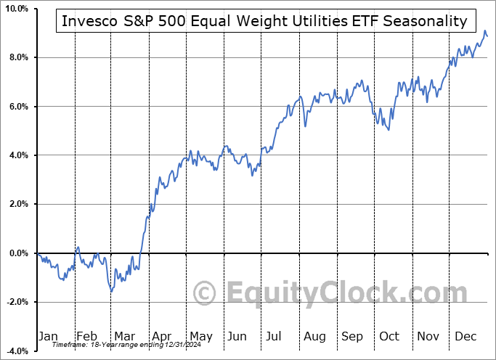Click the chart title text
click(x=264, y=21)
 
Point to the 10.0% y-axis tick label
click(x=16, y=9)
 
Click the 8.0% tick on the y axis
click(x=18, y=57)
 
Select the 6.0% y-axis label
click(x=18, y=107)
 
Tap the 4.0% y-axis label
click(x=18, y=155)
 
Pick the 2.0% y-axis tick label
click(x=18, y=204)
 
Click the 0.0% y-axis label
click(x=18, y=253)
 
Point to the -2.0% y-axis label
click(x=17, y=302)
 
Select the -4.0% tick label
click(x=17, y=351)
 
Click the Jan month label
click(x=47, y=336)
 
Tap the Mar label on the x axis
click(x=123, y=336)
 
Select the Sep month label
click(x=352, y=336)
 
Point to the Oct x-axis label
click(x=389, y=336)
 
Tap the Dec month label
click(x=465, y=336)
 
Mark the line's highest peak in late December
click(x=484, y=31)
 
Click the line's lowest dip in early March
click(x=111, y=291)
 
